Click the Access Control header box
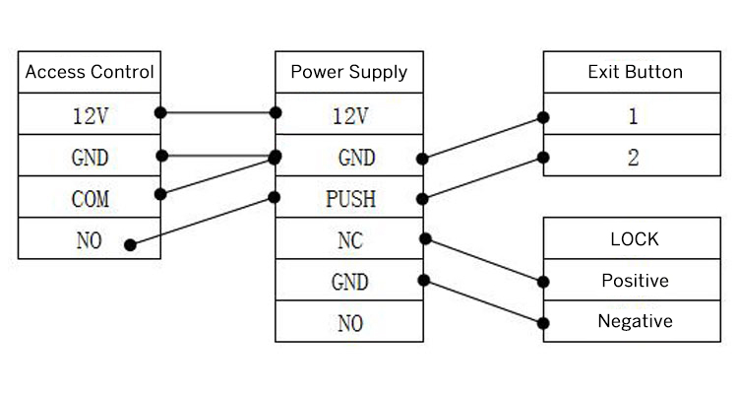coord(90,72)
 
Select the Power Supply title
coord(348,72)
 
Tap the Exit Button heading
coord(635,72)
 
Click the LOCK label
coord(635,238)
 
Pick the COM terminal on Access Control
coord(90,199)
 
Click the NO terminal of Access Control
coord(90,240)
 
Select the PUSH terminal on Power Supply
coord(349,199)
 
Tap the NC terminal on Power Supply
coord(349,240)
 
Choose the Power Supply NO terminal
coord(349,322)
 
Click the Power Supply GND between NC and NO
coord(349,282)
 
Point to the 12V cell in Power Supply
coord(349,116)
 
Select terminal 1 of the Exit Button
coord(635,116)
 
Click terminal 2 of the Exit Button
coord(635,158)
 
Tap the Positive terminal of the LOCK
coord(635,281)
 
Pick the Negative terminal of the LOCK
coord(635,321)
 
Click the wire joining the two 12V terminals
coord(217,112)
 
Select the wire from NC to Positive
coord(483,259)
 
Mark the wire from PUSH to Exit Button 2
coord(482,177)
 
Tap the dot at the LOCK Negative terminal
coord(543,322)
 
